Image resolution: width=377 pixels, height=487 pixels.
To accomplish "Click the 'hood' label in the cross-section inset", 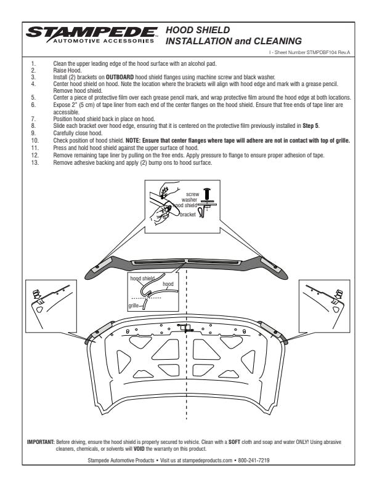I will pyautogui.click(x=168, y=284).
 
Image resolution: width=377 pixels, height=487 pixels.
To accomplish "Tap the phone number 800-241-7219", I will pyautogui.click(x=269, y=459).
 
